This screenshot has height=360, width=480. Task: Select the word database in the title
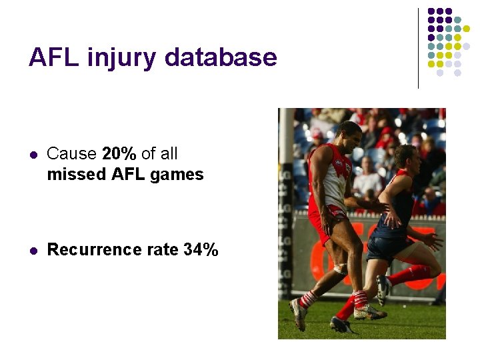[x=220, y=57]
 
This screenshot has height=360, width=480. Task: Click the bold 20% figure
[x=119, y=154]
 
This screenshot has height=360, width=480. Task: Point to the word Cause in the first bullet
[x=71, y=154]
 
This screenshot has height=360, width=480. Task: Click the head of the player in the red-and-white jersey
[x=349, y=135]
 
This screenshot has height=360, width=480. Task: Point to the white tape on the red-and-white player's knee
[x=341, y=269]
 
